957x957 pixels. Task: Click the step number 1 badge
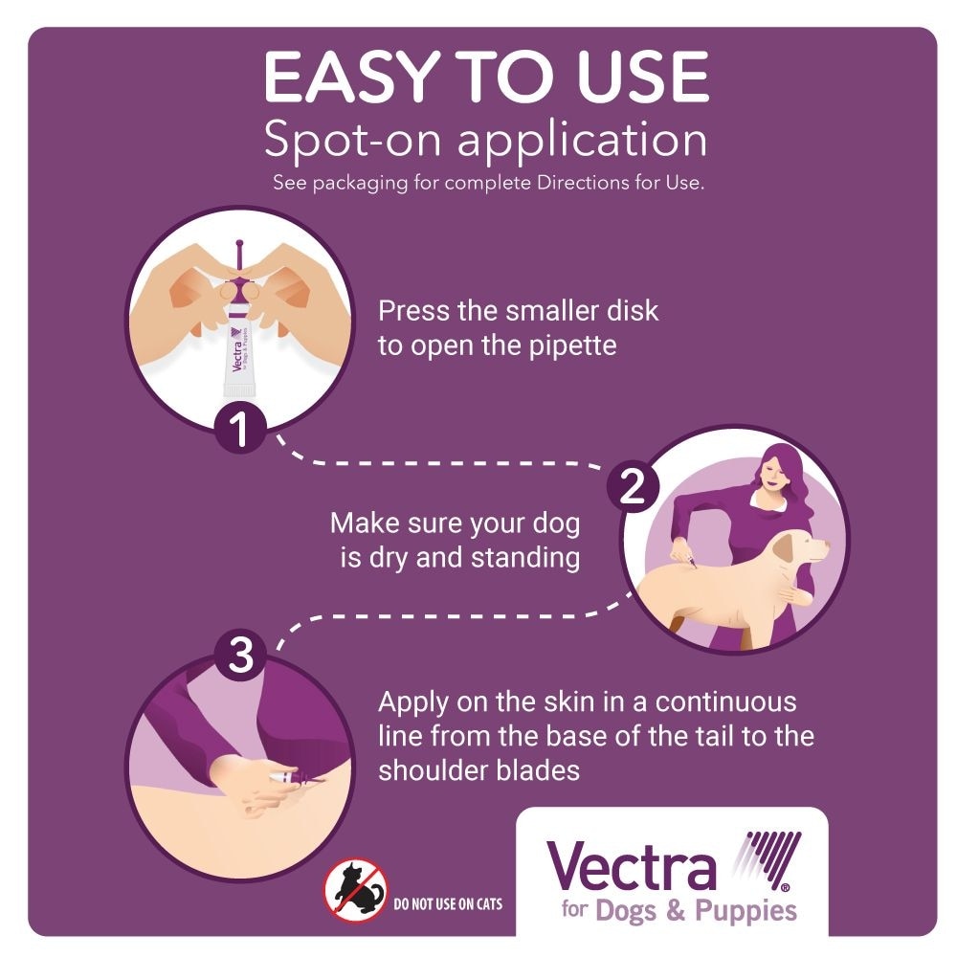[x=240, y=429]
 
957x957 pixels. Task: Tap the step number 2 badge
[x=633, y=487]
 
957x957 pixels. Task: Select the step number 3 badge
[x=240, y=655]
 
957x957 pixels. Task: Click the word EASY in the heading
[x=352, y=77]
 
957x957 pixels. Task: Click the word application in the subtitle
[x=582, y=142]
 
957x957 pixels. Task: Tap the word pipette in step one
[x=572, y=346]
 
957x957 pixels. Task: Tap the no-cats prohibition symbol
[x=355, y=889]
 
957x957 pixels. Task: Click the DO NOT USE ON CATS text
[x=448, y=904]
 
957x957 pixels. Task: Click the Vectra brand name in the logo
[x=631, y=866]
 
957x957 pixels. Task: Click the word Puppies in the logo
[x=746, y=912]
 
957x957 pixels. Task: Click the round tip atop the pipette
[x=238, y=244]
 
